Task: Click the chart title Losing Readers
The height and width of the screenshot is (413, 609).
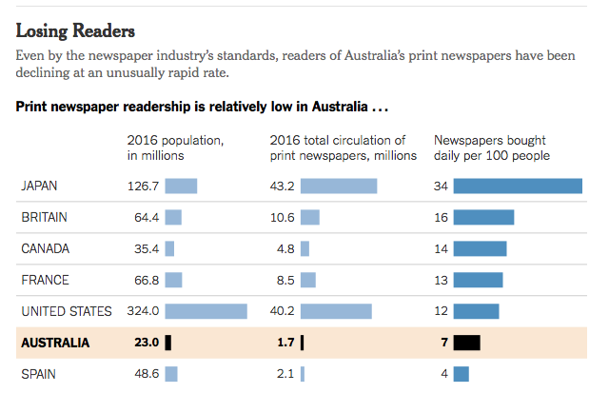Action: pos(75,31)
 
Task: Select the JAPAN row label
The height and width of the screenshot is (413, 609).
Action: pos(39,186)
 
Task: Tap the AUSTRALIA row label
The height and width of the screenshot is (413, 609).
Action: pos(55,343)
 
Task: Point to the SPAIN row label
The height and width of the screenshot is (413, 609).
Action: pos(38,374)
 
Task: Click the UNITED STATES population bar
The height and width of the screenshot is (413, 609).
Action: pos(206,311)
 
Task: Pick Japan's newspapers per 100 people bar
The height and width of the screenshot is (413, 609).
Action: pos(517,186)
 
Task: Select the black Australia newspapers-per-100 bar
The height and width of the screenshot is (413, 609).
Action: pos(466,343)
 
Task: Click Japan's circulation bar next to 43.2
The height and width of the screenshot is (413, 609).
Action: pos(339,186)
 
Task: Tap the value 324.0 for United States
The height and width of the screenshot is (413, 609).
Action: pos(143,311)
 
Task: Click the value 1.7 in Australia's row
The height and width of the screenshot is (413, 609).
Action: pos(285,343)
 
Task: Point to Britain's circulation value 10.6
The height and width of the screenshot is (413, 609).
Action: pos(283,217)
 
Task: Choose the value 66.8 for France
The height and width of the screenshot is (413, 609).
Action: pos(146,280)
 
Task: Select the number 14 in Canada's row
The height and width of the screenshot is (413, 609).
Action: pos(441,248)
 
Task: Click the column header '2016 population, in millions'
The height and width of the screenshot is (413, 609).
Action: pos(175,147)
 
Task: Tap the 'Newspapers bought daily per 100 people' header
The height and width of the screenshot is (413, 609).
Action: pos(491,147)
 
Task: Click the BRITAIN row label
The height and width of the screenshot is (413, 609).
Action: pos(44,217)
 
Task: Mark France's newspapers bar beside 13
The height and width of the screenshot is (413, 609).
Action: pos(478,280)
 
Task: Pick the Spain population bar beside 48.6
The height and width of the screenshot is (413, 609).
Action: pos(171,374)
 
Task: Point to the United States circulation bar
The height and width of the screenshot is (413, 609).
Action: pos(336,311)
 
